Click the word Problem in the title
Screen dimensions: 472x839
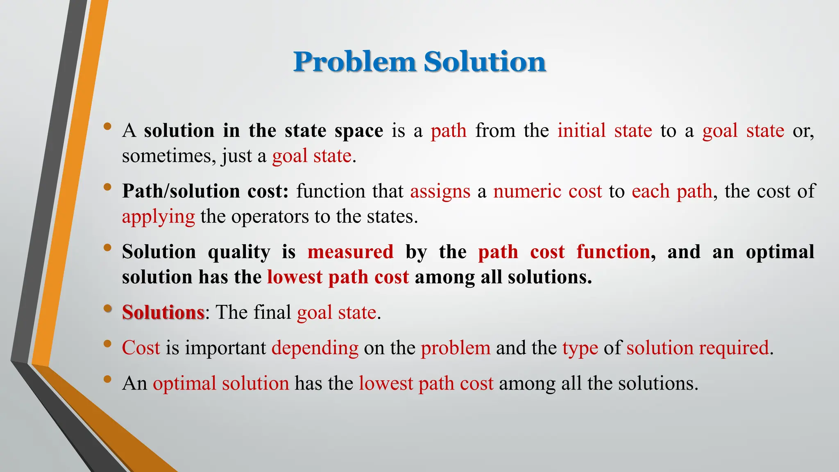(x=355, y=62)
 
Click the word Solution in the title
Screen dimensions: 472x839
(x=485, y=62)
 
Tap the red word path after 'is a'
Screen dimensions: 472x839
(x=449, y=131)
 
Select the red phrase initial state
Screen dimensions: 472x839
(x=604, y=131)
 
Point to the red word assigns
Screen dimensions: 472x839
(x=440, y=191)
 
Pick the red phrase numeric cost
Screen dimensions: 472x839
(x=547, y=191)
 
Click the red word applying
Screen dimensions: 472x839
(x=158, y=217)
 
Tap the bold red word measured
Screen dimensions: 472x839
(x=350, y=252)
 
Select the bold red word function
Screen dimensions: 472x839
(x=613, y=252)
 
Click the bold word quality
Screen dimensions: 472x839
(x=239, y=252)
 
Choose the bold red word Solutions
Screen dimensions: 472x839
(x=163, y=312)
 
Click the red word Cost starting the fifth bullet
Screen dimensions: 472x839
(x=141, y=348)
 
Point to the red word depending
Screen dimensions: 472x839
(x=315, y=348)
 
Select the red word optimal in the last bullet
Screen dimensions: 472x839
(x=184, y=383)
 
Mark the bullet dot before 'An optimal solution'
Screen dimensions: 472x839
(x=107, y=379)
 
